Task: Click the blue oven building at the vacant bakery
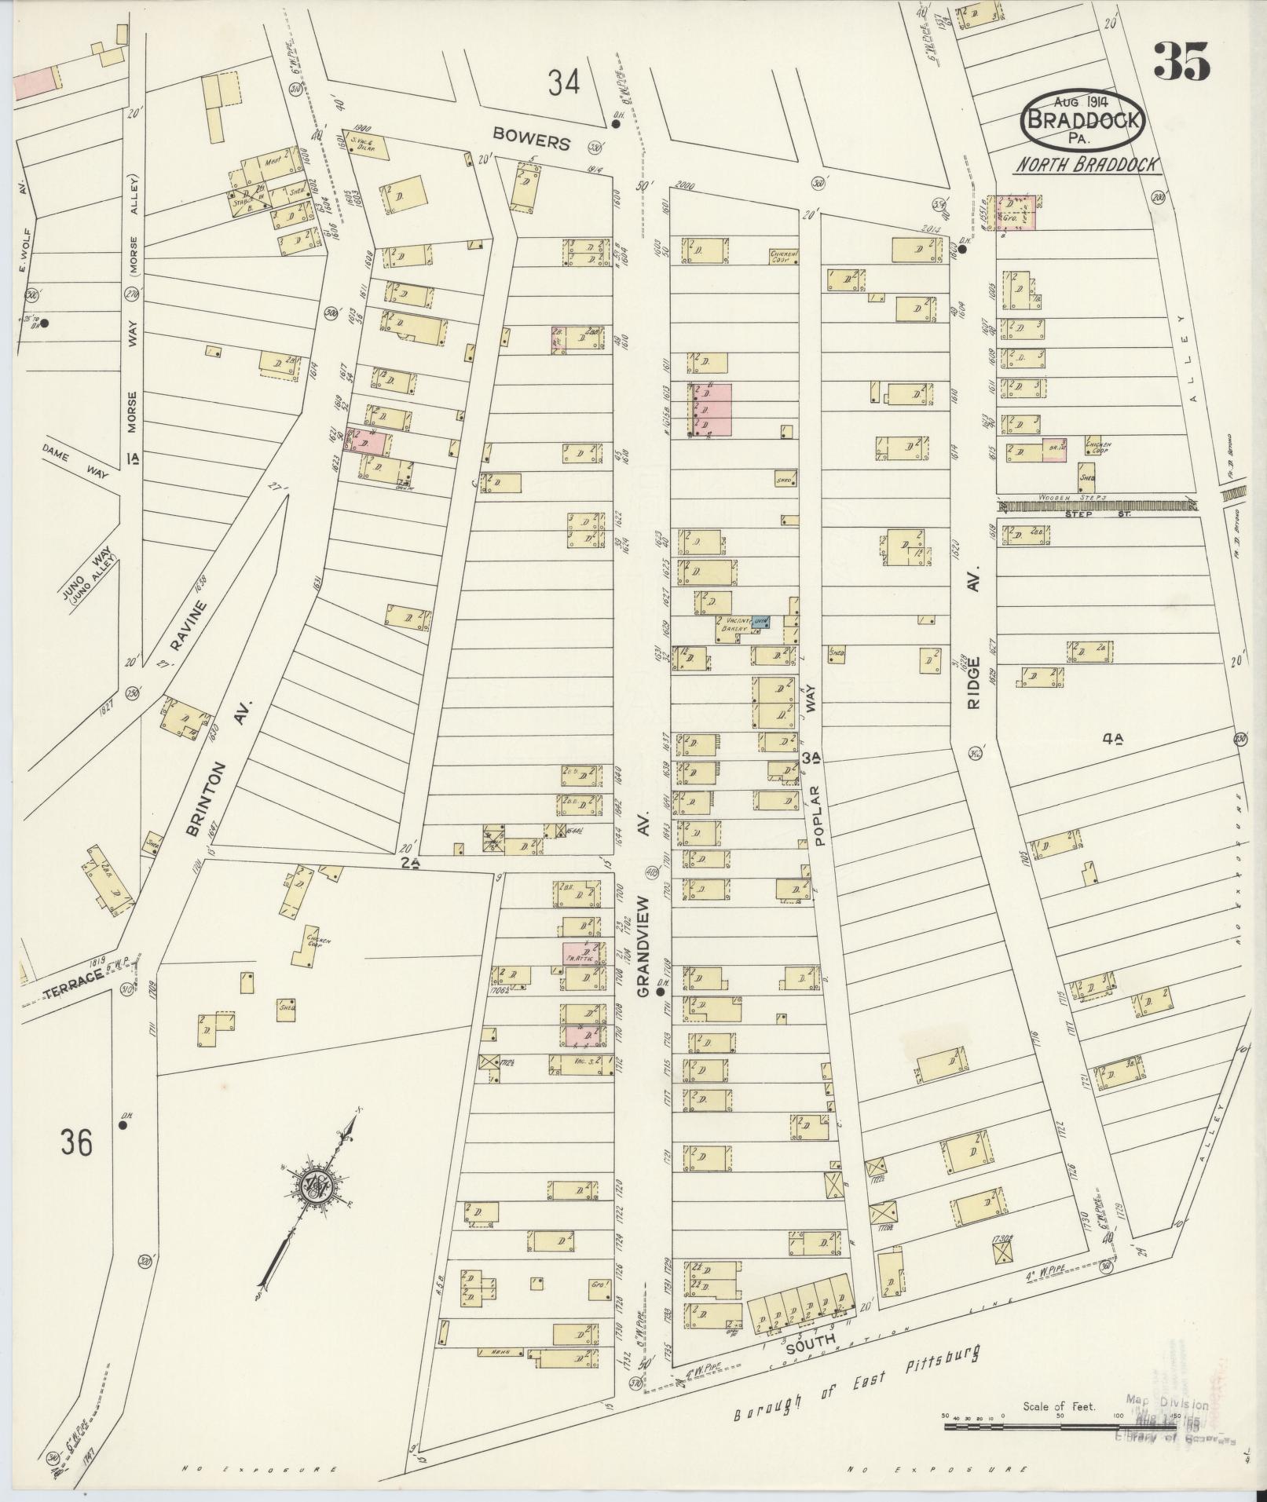(x=760, y=622)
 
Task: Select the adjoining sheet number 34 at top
(x=564, y=82)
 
